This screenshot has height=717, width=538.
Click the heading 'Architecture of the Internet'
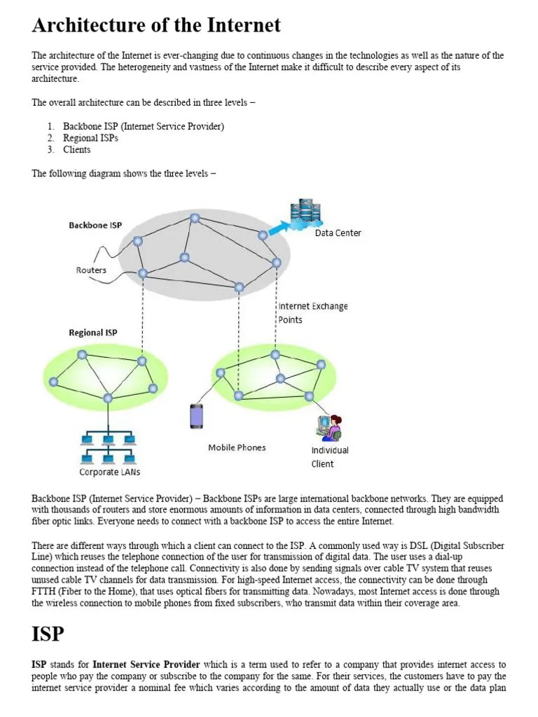tap(156, 26)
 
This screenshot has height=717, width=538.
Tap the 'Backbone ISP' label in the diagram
tap(95, 225)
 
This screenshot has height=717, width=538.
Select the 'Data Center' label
tap(338, 233)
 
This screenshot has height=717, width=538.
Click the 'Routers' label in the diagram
tap(91, 270)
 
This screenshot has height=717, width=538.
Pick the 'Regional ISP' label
tap(93, 333)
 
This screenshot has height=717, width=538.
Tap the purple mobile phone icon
tap(197, 416)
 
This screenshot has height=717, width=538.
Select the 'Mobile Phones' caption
tap(237, 447)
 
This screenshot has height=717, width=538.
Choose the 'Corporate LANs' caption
tap(109, 472)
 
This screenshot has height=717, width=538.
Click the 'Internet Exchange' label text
tap(313, 306)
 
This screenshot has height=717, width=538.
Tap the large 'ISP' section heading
tap(48, 634)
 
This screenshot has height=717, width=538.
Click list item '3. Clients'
tap(76, 149)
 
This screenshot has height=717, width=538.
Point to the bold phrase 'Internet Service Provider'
tap(146, 664)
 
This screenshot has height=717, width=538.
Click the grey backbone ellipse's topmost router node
tap(195, 218)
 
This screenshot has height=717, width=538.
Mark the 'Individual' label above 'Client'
tap(330, 450)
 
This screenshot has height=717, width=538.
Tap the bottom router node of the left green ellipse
tap(108, 398)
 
